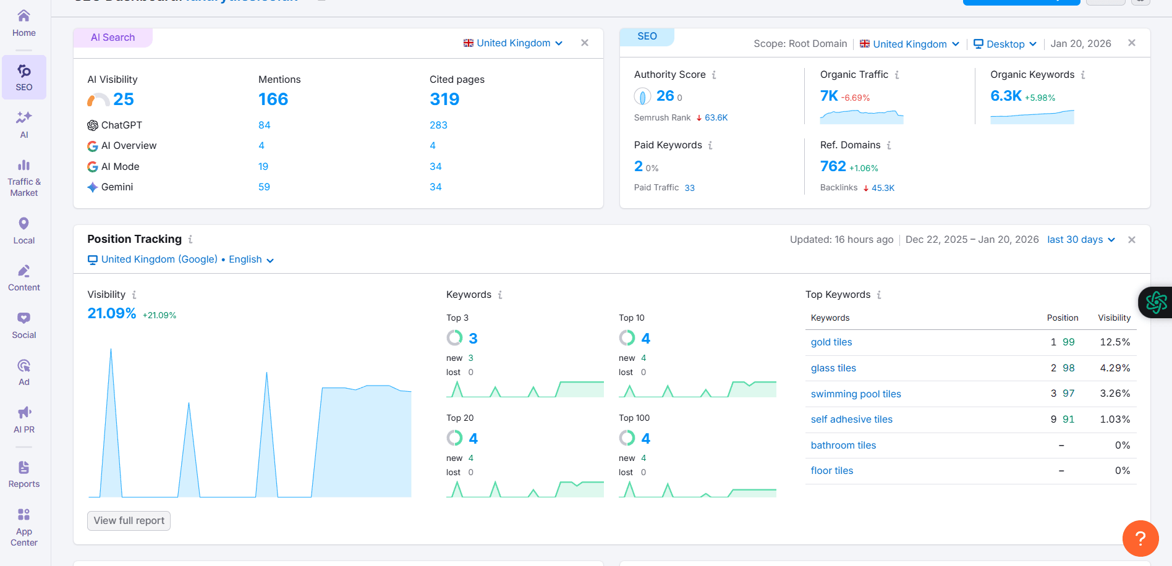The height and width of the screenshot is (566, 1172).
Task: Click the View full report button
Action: pyautogui.click(x=129, y=521)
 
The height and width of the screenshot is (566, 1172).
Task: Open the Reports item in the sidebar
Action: pyautogui.click(x=24, y=474)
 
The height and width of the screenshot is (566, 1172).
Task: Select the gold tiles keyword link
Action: pyautogui.click(x=831, y=342)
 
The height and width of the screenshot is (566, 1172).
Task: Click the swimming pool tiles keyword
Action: pyautogui.click(x=856, y=394)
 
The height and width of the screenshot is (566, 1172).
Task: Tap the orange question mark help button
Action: pyautogui.click(x=1140, y=538)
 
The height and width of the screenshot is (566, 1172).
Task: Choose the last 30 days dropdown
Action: pyautogui.click(x=1081, y=240)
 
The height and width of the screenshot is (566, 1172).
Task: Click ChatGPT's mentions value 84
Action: pyautogui.click(x=264, y=125)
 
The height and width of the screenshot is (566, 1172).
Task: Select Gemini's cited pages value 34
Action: pyautogui.click(x=435, y=187)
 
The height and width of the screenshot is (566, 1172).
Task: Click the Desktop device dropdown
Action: pyautogui.click(x=1004, y=44)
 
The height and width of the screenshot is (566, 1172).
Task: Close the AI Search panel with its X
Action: pyautogui.click(x=584, y=43)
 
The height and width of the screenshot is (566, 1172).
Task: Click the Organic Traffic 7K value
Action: pyautogui.click(x=828, y=96)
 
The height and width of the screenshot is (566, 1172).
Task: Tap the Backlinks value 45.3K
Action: pyautogui.click(x=882, y=188)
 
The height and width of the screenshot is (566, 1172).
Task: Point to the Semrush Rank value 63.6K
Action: pyautogui.click(x=716, y=118)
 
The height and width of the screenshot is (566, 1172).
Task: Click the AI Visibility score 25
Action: pyautogui.click(x=123, y=99)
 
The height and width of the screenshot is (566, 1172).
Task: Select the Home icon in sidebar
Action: pyautogui.click(x=24, y=22)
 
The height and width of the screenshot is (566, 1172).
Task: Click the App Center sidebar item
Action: pyautogui.click(x=24, y=527)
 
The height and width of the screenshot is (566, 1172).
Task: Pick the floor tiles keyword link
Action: pyautogui.click(x=831, y=471)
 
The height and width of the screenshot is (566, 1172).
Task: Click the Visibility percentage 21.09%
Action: pyautogui.click(x=112, y=314)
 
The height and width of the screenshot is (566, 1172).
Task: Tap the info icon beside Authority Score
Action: pyautogui.click(x=714, y=75)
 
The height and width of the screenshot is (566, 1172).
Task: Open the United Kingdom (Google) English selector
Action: pyautogui.click(x=180, y=260)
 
